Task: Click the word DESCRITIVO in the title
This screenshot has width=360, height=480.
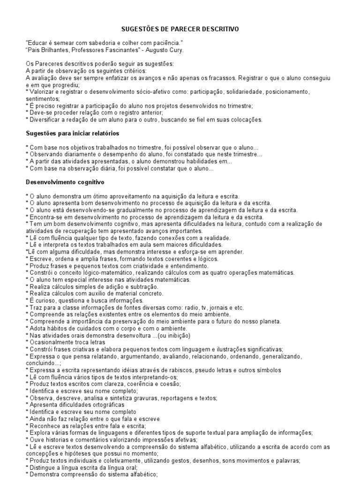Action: pos(219,29)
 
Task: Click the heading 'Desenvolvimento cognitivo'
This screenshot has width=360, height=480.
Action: pos(65,181)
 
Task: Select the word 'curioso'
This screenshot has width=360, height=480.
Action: pos(43,300)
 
